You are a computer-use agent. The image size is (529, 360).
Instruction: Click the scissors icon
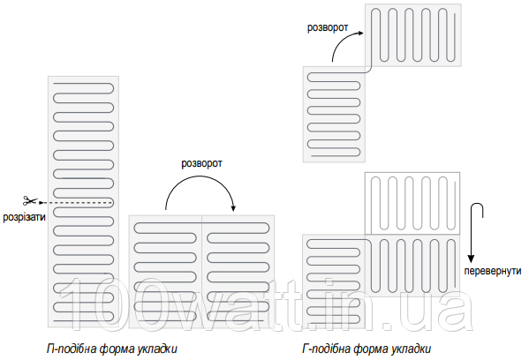[x=30, y=200]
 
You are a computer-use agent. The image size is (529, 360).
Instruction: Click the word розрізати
[x=24, y=217]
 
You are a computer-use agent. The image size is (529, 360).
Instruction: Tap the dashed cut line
[x=76, y=203]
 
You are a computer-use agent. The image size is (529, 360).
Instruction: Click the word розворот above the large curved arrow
[x=201, y=163]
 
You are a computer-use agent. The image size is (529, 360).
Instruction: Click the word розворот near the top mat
[x=328, y=27]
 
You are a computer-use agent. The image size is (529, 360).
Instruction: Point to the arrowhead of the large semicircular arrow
[x=233, y=207]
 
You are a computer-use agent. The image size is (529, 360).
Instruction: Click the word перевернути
[x=493, y=271]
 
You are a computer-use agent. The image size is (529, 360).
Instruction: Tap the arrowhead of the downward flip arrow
[x=471, y=259]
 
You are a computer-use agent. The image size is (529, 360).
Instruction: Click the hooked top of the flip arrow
[x=477, y=205]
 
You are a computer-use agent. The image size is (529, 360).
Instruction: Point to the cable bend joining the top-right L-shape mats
[x=369, y=70]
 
